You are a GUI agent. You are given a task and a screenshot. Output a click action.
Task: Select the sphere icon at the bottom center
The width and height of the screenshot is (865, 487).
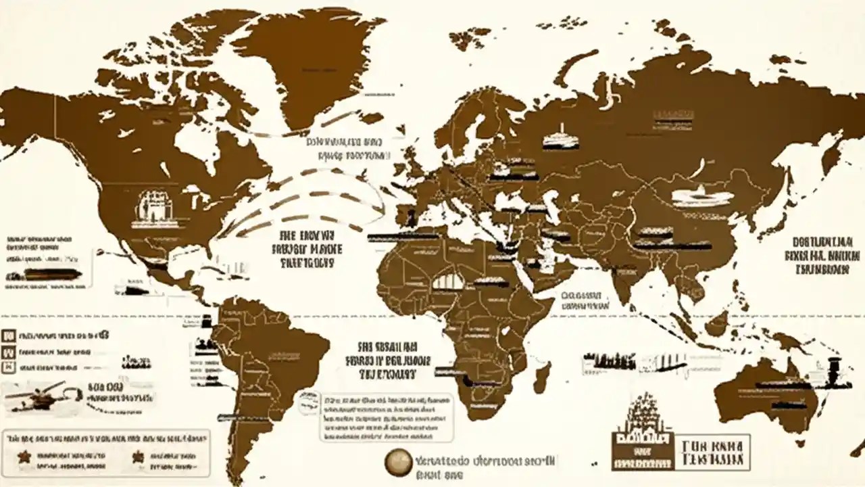[399, 463]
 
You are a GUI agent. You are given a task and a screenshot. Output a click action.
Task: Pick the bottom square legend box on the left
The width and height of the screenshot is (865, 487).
[9, 367]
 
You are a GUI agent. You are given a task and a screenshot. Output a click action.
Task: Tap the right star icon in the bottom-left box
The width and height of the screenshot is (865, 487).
[139, 457]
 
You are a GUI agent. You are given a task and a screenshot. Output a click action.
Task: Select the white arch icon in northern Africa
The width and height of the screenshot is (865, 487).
[448, 279]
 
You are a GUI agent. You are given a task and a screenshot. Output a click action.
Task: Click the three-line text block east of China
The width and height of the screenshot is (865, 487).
[822, 255]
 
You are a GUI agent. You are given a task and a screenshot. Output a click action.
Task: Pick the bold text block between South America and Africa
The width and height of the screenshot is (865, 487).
[388, 358]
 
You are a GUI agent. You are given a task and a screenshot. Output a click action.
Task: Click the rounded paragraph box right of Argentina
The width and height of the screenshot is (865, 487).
[387, 417]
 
